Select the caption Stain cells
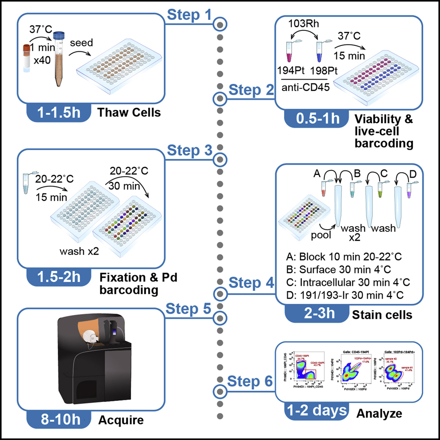click(x=382, y=315)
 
